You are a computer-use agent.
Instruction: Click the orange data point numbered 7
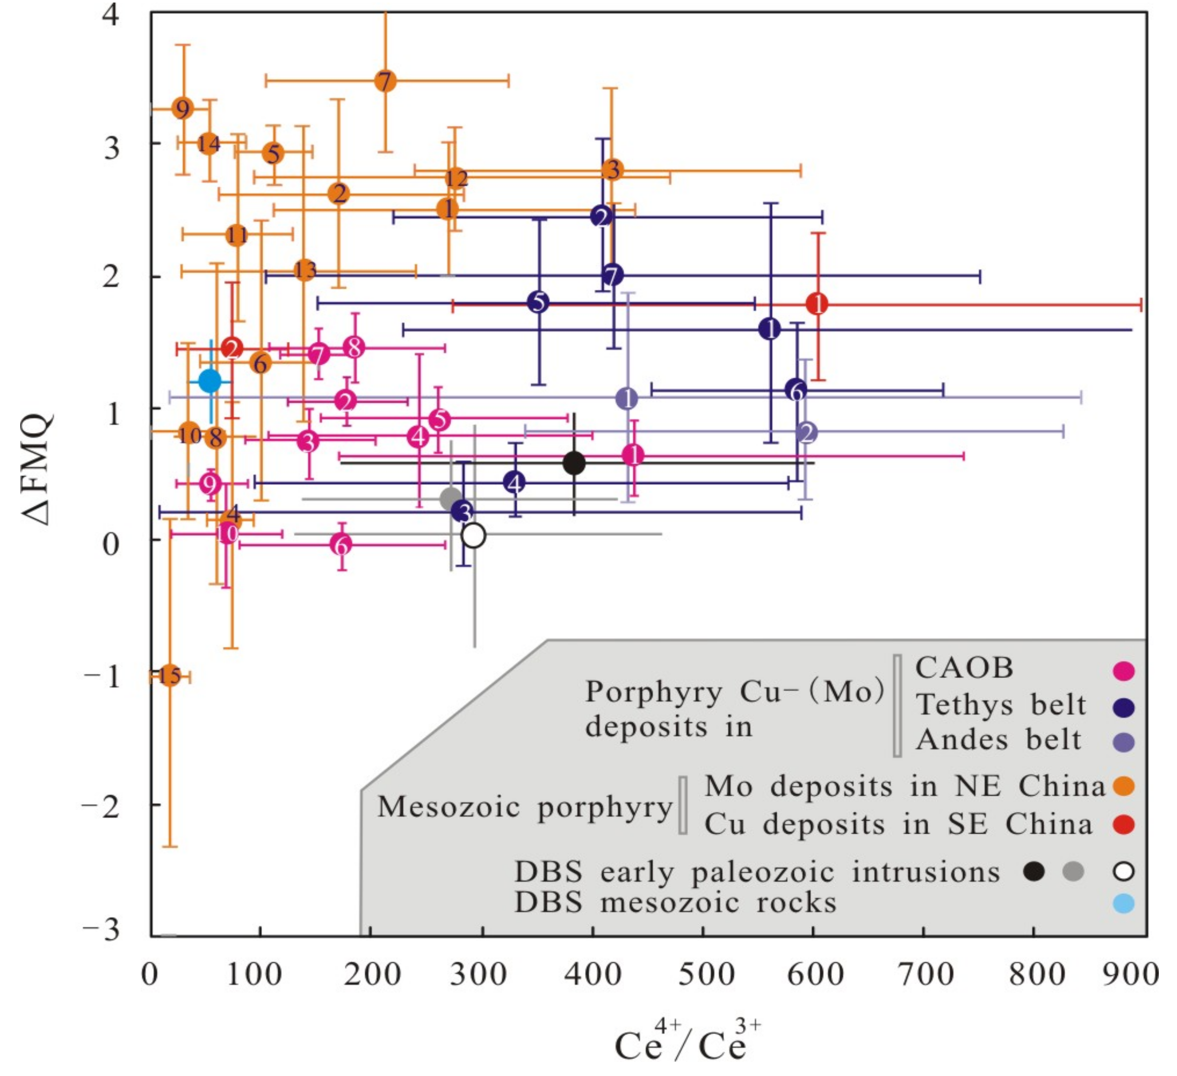(385, 80)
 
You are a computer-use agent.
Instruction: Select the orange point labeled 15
(169, 676)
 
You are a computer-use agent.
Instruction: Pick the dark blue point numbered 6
(796, 390)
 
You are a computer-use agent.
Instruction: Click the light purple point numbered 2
(806, 433)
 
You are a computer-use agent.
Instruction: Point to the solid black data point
(574, 463)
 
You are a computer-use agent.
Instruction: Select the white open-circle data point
(473, 535)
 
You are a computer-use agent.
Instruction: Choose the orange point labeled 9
(183, 108)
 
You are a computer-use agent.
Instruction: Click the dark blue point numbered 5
(538, 303)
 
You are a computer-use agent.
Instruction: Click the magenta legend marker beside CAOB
(1123, 671)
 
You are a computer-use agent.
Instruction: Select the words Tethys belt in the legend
(1000, 705)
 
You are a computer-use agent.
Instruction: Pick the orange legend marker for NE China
(1123, 787)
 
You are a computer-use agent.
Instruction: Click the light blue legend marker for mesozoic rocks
(1123, 904)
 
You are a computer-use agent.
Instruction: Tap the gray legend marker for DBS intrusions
(1073, 871)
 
